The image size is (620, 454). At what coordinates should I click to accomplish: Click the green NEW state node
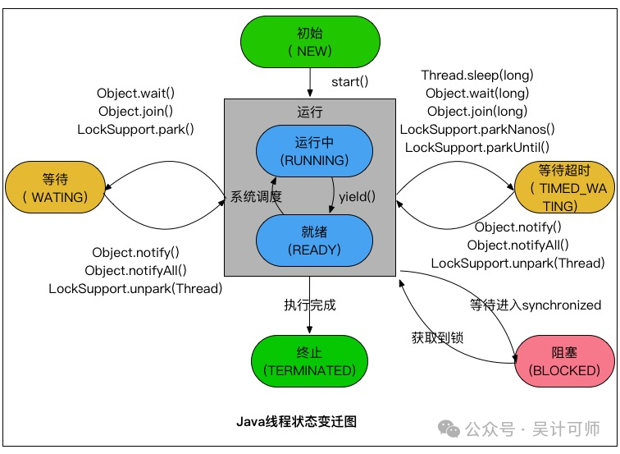point(310,42)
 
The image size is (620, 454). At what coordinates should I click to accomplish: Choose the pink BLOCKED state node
point(564,361)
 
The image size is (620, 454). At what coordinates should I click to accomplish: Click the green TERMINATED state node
point(310,361)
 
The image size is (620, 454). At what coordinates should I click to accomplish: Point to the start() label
point(350,82)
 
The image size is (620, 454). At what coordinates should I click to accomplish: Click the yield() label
point(357,196)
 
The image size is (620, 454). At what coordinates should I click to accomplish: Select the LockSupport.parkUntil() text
point(476,148)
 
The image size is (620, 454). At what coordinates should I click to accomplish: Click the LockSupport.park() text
point(136,130)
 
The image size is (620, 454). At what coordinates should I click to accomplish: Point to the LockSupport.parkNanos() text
point(476,130)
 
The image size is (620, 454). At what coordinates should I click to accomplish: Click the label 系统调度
point(256,197)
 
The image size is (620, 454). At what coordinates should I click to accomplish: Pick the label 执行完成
point(310,305)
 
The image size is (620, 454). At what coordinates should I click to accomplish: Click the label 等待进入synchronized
point(536,305)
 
